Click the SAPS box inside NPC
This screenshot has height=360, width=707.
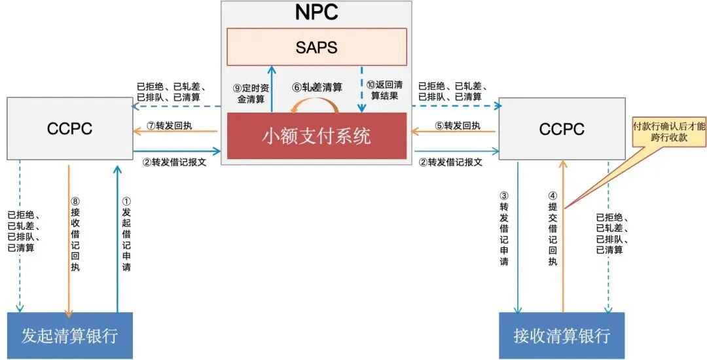pos(317,46)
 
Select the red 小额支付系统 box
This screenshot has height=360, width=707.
pos(316,135)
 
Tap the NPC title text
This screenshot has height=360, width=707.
pos(316,13)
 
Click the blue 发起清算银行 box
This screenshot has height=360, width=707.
pos(69,336)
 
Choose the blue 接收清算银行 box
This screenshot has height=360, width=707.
pos(562,336)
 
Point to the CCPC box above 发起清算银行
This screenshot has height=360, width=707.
pos(69,129)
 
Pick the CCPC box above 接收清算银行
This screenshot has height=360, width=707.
pos(562,129)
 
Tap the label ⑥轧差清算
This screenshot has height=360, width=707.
pos(317,86)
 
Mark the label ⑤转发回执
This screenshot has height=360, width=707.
pos(458,126)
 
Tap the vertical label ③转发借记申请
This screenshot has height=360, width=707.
pos(504,229)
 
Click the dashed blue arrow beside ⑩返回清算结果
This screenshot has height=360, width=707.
pos(361,88)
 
